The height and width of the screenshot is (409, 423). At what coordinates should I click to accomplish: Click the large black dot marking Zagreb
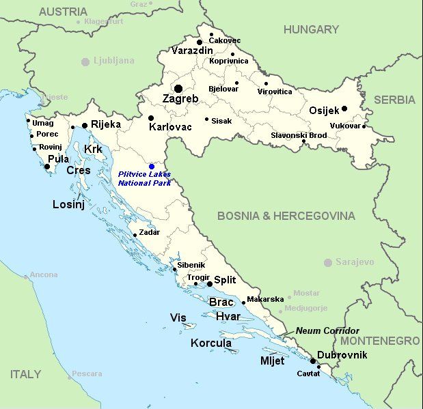pyautogui.click(x=178, y=88)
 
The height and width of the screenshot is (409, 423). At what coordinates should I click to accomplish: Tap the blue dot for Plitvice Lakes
pyautogui.click(x=152, y=167)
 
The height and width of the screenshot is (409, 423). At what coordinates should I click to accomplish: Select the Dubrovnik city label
pyautogui.click(x=342, y=355)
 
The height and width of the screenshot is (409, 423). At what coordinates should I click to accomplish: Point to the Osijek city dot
pyautogui.click(x=344, y=109)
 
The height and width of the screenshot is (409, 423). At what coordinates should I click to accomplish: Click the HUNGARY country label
pyautogui.click(x=311, y=29)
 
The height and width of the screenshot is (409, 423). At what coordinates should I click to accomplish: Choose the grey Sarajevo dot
pyautogui.click(x=328, y=262)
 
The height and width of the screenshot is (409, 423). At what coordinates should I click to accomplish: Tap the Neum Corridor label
pyautogui.click(x=327, y=330)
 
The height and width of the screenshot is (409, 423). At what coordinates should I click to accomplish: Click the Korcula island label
pyautogui.click(x=211, y=343)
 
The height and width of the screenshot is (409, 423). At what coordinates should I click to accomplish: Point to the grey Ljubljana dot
pyautogui.click(x=85, y=61)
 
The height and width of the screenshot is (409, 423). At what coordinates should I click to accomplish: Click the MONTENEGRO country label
pyautogui.click(x=380, y=340)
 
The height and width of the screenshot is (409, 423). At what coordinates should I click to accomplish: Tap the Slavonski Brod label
pyautogui.click(x=299, y=135)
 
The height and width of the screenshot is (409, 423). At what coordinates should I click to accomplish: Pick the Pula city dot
pyautogui.click(x=47, y=167)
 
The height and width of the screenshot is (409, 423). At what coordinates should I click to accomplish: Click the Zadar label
pyautogui.click(x=149, y=232)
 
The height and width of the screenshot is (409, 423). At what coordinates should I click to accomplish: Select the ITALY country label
pyautogui.click(x=25, y=374)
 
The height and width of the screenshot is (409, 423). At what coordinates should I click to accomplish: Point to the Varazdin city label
pyautogui.click(x=192, y=51)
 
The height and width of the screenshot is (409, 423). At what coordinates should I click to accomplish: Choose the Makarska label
pyautogui.click(x=265, y=299)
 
